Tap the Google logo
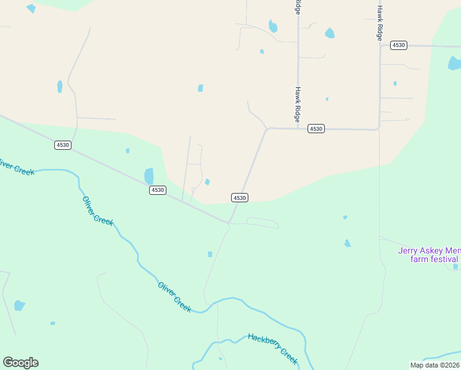20,363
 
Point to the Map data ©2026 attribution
435,365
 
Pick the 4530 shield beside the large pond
157,190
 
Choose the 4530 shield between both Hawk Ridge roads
316,128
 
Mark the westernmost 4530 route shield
63,145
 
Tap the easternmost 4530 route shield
399,45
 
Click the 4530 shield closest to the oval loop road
240,197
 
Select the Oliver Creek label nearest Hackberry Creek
174,296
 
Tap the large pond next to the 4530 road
149,176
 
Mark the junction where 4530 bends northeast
229,223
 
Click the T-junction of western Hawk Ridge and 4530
298,128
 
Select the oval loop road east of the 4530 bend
263,223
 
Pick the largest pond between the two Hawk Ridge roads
329,33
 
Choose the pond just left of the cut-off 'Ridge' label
272,27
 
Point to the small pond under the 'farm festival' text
455,267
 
